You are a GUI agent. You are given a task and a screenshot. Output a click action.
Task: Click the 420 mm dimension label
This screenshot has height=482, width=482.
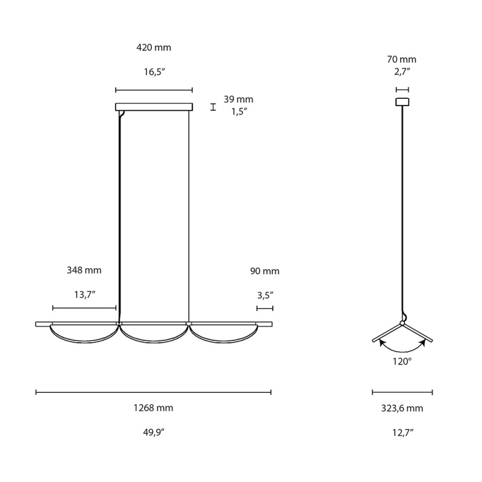point(154,48)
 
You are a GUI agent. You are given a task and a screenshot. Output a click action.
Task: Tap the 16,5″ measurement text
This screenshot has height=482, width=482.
point(154,72)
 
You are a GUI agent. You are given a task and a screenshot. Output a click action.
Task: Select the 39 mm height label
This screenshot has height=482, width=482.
point(239,99)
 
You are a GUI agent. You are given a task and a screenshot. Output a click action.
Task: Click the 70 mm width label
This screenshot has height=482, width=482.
point(402,60)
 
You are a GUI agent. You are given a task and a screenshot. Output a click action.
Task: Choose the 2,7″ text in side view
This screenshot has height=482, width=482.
point(402,72)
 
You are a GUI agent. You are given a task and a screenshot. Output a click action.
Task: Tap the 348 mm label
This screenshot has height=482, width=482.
point(84,271)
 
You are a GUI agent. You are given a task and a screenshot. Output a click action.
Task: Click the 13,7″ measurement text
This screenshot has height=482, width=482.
point(84,295)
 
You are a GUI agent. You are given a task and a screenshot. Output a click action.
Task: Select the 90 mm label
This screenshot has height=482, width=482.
point(264,271)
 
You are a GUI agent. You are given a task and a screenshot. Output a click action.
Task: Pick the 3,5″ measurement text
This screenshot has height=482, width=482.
point(264,295)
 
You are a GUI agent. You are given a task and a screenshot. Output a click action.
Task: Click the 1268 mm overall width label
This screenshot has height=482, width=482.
point(153,408)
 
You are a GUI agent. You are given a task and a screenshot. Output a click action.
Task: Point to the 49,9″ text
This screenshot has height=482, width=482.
point(153,432)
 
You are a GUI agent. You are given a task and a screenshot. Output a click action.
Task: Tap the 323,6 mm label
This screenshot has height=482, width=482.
point(402,408)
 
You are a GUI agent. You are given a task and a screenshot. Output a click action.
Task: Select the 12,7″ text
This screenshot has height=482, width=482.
point(402,432)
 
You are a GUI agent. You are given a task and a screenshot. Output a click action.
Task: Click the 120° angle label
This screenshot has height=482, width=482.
point(402,361)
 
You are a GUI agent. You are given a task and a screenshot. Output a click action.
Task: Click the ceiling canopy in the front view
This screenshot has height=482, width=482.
point(154,107)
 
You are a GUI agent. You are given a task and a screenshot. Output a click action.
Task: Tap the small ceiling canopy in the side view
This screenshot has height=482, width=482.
point(402,102)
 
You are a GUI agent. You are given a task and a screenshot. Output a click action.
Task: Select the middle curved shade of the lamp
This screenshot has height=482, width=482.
point(154,339)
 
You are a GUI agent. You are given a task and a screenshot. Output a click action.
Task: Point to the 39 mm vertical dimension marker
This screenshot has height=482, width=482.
point(213,107)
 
